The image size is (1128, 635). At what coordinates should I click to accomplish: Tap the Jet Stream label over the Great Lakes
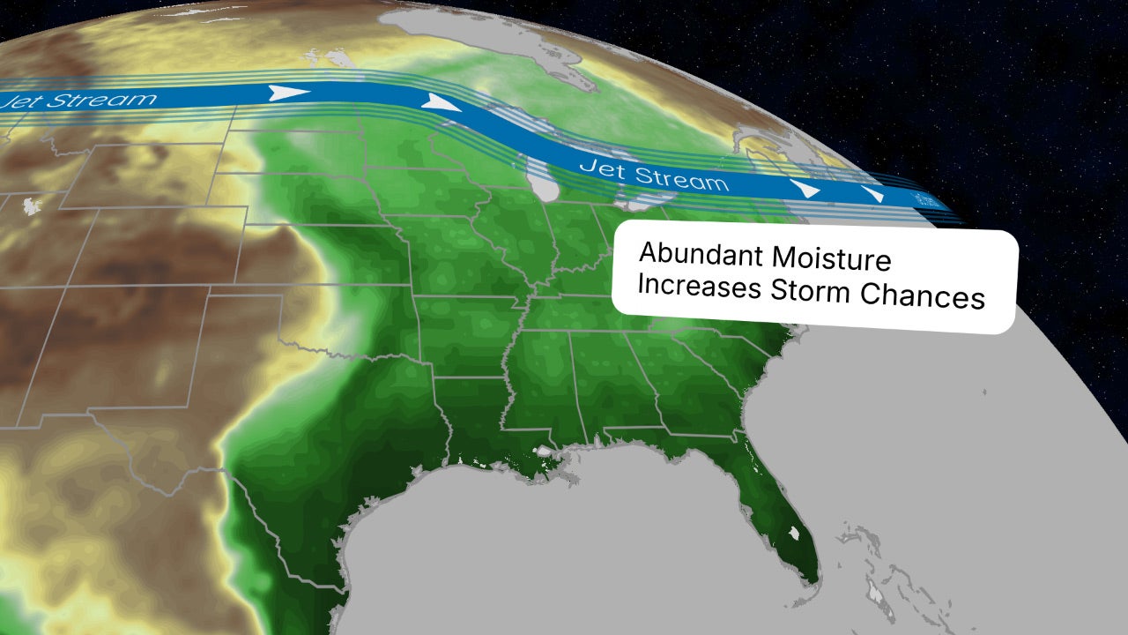[653, 175]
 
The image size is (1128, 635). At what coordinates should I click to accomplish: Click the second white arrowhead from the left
[442, 102]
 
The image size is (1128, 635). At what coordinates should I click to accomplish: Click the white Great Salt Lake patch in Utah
[32, 205]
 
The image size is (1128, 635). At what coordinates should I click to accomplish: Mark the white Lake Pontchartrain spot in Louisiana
[546, 452]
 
